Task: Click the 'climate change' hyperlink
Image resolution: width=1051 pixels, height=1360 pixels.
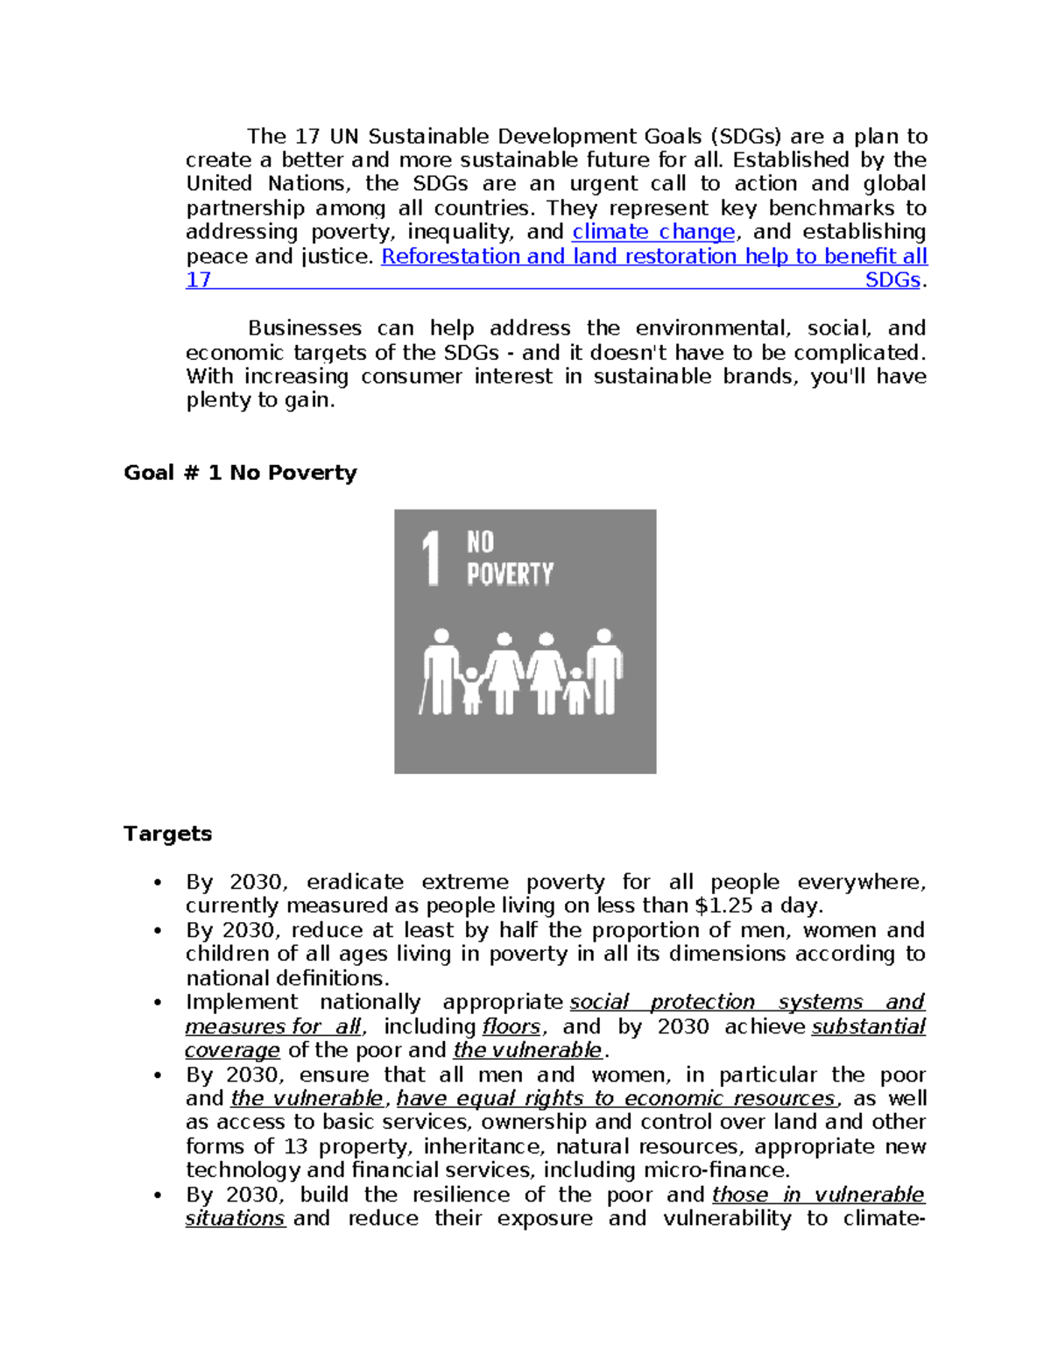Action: [x=653, y=232]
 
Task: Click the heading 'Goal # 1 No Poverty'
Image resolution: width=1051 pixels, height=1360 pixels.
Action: [x=240, y=473]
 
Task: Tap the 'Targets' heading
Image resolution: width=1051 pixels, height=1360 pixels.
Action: [x=167, y=834]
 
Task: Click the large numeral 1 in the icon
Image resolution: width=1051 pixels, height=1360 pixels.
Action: [x=431, y=558]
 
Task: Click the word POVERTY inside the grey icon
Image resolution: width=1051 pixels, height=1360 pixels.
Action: [x=510, y=574]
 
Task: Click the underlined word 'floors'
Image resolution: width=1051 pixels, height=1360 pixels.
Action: [x=511, y=1026]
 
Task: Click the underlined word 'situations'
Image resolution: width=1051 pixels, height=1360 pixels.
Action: [x=235, y=1219]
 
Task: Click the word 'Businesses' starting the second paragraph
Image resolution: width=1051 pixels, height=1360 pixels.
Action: [x=304, y=328]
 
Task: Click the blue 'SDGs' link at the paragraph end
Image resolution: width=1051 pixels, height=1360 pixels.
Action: [x=892, y=280]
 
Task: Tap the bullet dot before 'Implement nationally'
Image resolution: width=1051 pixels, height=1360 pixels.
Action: [x=158, y=1003]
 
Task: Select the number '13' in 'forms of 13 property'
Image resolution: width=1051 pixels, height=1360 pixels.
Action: [x=296, y=1146]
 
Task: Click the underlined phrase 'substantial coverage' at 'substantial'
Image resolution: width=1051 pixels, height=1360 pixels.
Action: [x=868, y=1026]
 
